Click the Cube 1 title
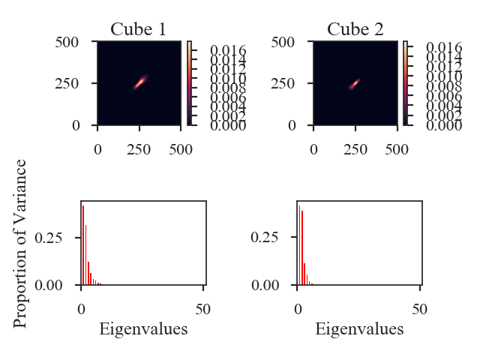point(139,30)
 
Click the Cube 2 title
point(355,30)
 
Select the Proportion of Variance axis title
point(21,243)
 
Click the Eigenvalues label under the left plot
point(143,328)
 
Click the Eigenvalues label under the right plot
point(359,328)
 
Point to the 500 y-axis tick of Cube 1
point(69,43)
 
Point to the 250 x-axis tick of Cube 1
point(139,149)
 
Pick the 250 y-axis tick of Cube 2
point(285,84)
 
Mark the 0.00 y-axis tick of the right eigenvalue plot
point(274,285)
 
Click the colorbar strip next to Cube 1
point(190,84)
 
